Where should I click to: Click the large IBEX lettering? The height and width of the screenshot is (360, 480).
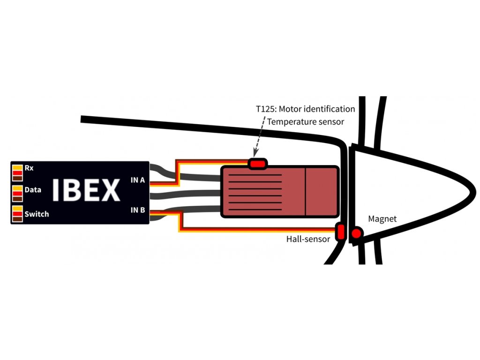tap(86, 190)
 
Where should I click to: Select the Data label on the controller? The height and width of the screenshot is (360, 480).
tap(33, 190)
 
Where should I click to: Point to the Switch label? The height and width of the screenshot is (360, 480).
tap(37, 214)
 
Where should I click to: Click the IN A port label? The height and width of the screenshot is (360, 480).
tap(137, 180)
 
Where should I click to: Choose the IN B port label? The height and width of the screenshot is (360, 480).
tap(137, 210)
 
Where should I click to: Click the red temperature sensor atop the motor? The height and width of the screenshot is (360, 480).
tap(257, 164)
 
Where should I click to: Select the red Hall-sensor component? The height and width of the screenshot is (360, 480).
tap(341, 231)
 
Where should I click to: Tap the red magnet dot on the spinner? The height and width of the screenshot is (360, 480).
tap(357, 233)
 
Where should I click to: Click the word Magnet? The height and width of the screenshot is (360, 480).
tap(382, 219)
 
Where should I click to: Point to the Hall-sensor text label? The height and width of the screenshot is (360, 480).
tap(308, 239)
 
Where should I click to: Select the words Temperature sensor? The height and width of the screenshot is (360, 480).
tap(305, 122)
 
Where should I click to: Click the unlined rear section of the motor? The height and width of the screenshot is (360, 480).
tap(322, 191)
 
